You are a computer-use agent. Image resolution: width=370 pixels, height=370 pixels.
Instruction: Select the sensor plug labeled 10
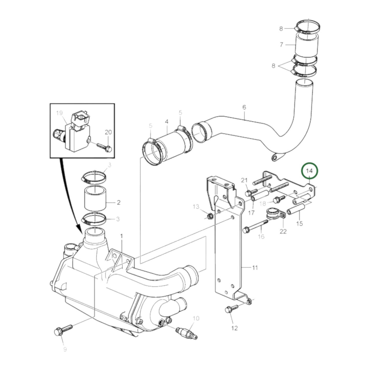click(x=187, y=334)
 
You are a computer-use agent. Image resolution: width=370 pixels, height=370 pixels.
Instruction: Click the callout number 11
click(x=255, y=268)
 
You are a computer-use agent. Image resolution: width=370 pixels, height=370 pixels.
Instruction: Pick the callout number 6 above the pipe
click(x=244, y=107)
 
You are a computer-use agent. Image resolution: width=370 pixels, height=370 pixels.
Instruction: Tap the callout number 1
click(x=121, y=236)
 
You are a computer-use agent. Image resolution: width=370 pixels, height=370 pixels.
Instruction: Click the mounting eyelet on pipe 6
click(x=276, y=158)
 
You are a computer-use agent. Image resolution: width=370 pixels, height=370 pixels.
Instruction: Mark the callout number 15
click(x=299, y=223)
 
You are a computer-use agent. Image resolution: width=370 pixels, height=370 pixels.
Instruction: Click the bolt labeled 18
click(x=279, y=199)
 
